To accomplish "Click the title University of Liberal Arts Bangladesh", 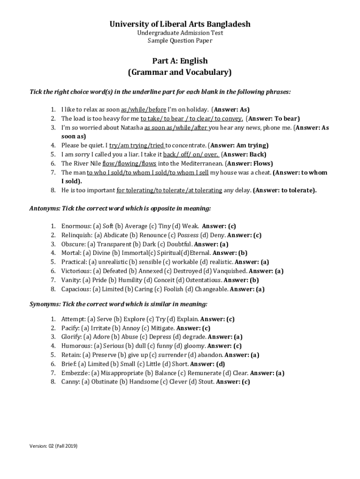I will click(x=180, y=24).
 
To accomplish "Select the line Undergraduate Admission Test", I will click(x=180, y=33).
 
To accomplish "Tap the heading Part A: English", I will click(x=180, y=61).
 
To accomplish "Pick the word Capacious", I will click(x=76, y=289).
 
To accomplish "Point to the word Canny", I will click(x=70, y=382).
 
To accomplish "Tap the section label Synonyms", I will click(x=45, y=304).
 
